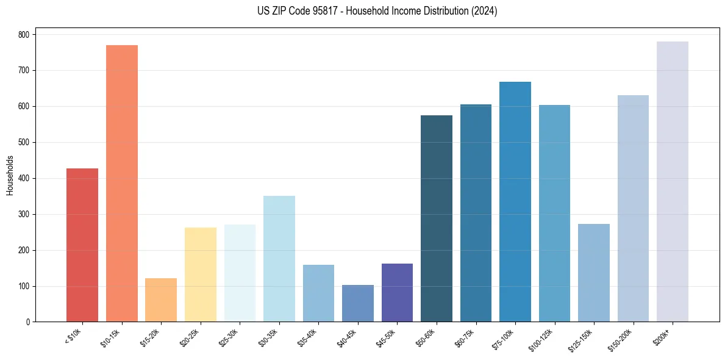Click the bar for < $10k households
pyautogui.click(x=82, y=245)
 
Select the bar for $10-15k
pyautogui.click(x=122, y=183)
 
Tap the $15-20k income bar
pyautogui.click(x=161, y=300)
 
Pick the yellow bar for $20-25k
pyautogui.click(x=201, y=275)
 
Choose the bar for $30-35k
pyautogui.click(x=279, y=259)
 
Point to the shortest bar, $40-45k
pyautogui.click(x=358, y=303)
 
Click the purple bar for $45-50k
pyautogui.click(x=397, y=292)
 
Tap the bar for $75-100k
pyautogui.click(x=515, y=201)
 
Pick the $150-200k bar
pyautogui.click(x=633, y=208)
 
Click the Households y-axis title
pyautogui.click(x=10, y=175)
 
